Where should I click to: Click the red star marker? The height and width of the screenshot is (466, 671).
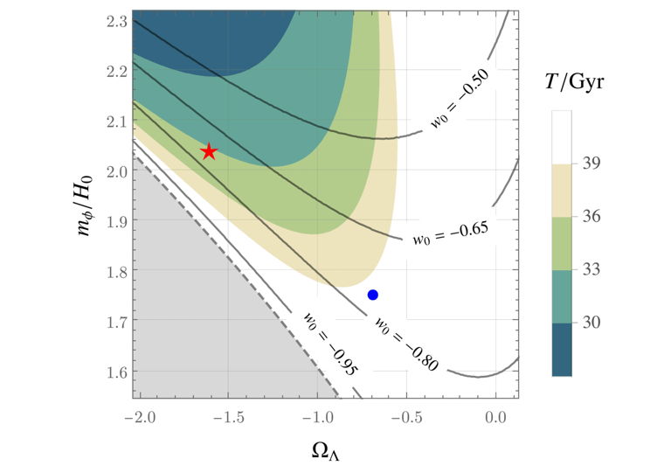pos(209,152)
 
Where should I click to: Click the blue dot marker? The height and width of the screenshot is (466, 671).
pos(373,295)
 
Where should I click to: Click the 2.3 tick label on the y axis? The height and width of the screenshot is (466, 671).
pos(113,20)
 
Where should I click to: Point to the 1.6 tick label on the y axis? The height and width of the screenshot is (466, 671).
pos(113,372)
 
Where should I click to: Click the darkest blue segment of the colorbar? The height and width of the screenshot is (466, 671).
pos(562,350)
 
